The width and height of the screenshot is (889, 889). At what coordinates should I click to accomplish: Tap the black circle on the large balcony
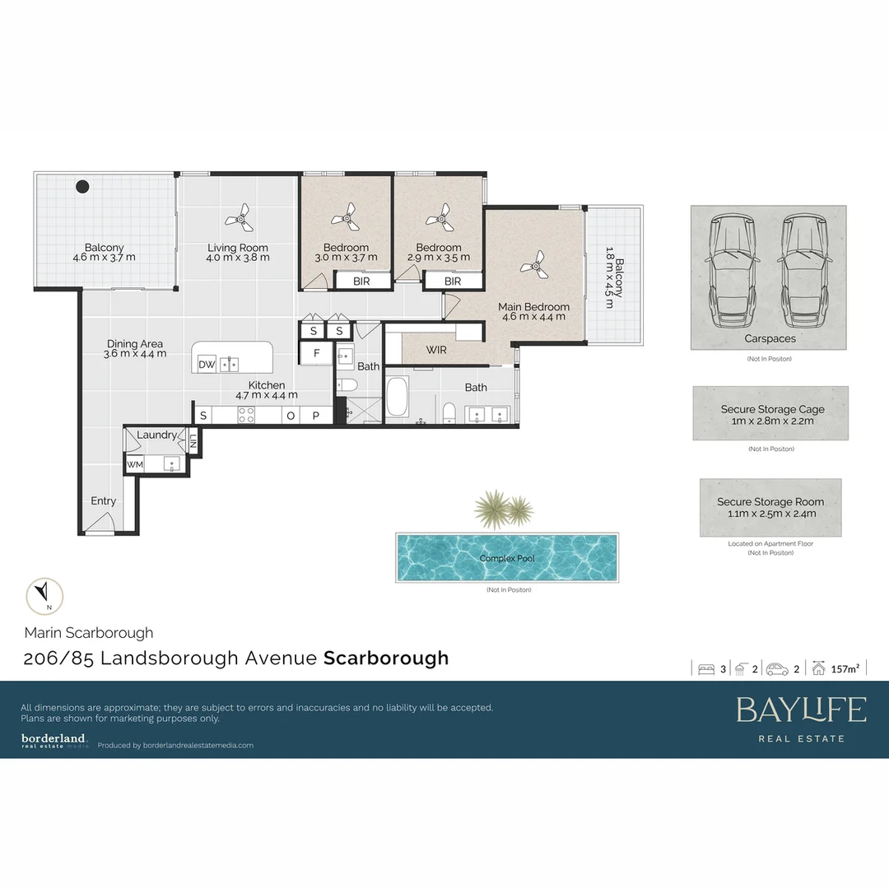pyautogui.click(x=82, y=187)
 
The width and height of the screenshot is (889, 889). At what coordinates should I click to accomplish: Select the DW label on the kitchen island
pyautogui.click(x=207, y=365)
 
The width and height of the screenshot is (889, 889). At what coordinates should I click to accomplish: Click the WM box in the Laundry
pyautogui.click(x=134, y=465)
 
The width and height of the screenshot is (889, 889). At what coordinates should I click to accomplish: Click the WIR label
pyautogui.click(x=436, y=350)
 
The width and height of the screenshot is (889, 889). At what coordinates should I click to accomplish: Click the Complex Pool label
pyautogui.click(x=506, y=558)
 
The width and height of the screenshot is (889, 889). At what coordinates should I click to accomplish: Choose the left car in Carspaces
pyautogui.click(x=731, y=269)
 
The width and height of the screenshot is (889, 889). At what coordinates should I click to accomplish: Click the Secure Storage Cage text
pyautogui.click(x=772, y=409)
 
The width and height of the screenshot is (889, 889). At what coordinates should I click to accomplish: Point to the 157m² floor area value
pyautogui.click(x=845, y=669)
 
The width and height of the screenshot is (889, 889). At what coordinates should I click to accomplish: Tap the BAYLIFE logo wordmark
pyautogui.click(x=801, y=710)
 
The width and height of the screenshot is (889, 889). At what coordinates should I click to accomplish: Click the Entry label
pyautogui.click(x=103, y=500)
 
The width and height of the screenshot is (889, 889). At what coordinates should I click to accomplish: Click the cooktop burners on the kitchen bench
pyautogui.click(x=246, y=417)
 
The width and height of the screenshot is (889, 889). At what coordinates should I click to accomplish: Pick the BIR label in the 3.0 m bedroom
pyautogui.click(x=361, y=282)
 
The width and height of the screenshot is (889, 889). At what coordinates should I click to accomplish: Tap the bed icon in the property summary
pyautogui.click(x=705, y=669)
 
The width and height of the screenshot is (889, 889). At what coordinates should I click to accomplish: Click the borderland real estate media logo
pyautogui.click(x=54, y=740)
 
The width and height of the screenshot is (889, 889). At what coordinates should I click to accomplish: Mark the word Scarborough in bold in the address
pyautogui.click(x=386, y=658)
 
